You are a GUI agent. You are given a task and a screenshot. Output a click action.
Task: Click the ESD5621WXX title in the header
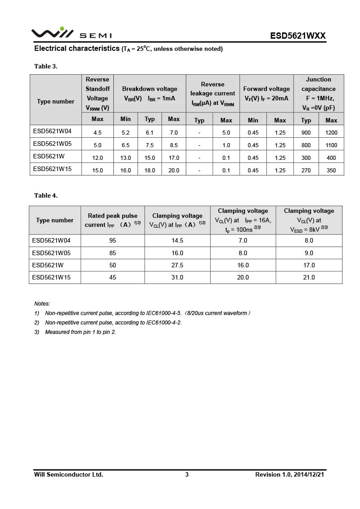297,36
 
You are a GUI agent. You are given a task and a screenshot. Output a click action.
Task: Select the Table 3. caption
46,67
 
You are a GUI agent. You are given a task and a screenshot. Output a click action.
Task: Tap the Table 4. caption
46,196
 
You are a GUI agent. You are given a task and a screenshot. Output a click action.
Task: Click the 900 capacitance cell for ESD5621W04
306,133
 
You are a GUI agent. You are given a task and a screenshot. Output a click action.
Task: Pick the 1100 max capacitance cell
331,145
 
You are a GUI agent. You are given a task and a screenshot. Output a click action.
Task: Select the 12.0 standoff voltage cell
98,158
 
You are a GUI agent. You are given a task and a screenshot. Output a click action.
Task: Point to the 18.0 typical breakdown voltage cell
150,171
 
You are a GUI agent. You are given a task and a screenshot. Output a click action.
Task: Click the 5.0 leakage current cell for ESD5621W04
226,133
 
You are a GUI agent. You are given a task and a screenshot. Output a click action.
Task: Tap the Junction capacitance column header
318,94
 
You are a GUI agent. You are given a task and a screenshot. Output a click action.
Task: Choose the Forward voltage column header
266,94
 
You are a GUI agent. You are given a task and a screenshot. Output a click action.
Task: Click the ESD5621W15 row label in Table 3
52,169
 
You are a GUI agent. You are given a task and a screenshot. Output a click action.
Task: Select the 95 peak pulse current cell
112,241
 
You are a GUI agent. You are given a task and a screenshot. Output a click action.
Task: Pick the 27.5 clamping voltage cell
177,266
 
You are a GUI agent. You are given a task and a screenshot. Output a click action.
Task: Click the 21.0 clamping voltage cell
309,278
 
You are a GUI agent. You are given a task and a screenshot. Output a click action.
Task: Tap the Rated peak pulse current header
112,220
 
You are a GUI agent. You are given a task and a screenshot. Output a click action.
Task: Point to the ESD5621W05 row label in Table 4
51,253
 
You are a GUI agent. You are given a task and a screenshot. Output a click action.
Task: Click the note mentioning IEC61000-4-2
113,323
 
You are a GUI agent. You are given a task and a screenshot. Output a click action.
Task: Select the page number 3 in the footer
187,475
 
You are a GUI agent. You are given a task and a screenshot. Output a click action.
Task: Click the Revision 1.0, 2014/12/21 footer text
289,475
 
